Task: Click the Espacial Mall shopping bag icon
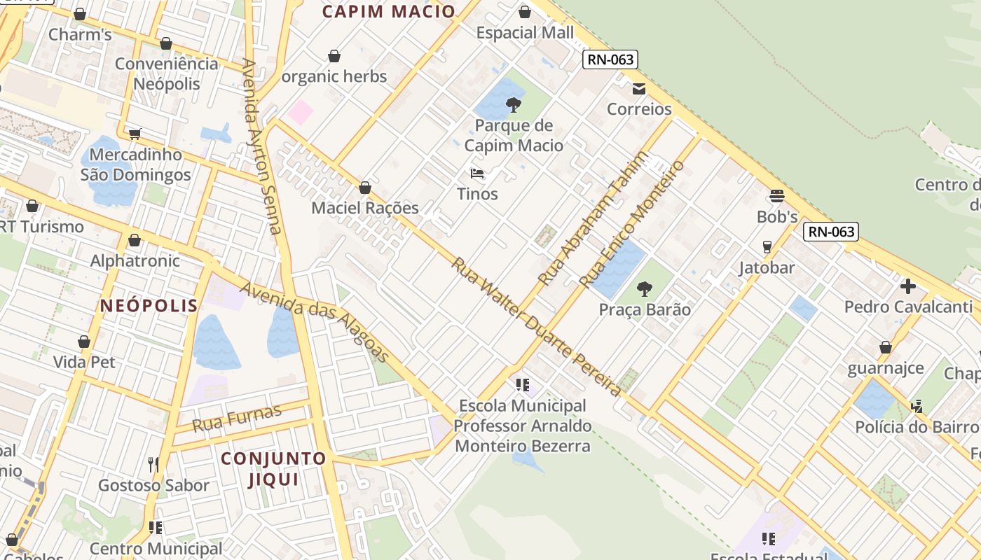click(525, 12)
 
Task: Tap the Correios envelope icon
click(638, 89)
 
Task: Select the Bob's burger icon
click(776, 196)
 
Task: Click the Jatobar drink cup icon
click(767, 247)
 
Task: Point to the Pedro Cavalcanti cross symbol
click(908, 286)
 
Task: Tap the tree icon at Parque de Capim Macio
click(514, 106)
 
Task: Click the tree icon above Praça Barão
click(644, 288)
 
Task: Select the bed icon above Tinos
click(477, 173)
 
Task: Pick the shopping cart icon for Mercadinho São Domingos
click(135, 134)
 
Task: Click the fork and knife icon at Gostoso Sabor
click(153, 464)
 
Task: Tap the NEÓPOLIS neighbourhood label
click(149, 305)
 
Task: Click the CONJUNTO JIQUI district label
click(273, 468)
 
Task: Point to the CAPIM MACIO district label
click(389, 11)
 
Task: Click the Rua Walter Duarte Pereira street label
click(535, 326)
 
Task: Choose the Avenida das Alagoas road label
click(315, 321)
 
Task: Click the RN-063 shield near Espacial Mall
click(610, 59)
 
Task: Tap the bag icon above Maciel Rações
click(364, 188)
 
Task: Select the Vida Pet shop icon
click(84, 342)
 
